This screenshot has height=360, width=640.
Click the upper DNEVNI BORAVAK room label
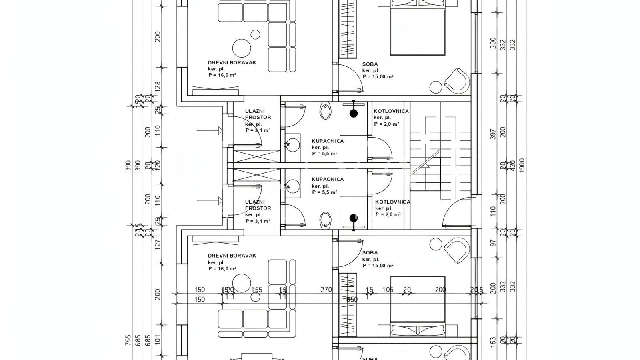[232, 63]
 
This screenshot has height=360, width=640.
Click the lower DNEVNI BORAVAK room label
[232, 256]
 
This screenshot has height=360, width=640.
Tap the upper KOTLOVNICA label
[391, 111]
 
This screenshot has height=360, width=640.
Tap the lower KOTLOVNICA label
[392, 202]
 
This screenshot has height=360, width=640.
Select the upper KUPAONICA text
[328, 141]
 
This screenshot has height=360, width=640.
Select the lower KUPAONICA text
[328, 180]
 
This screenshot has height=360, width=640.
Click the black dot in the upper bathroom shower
[354, 114]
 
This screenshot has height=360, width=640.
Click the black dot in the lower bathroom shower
[354, 218]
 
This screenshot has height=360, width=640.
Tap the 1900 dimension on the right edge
[522, 165]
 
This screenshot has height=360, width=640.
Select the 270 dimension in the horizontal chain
[326, 290]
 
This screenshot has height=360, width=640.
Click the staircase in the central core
[440, 160]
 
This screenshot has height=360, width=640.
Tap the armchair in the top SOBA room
[456, 80]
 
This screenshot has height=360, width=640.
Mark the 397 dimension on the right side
[493, 134]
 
